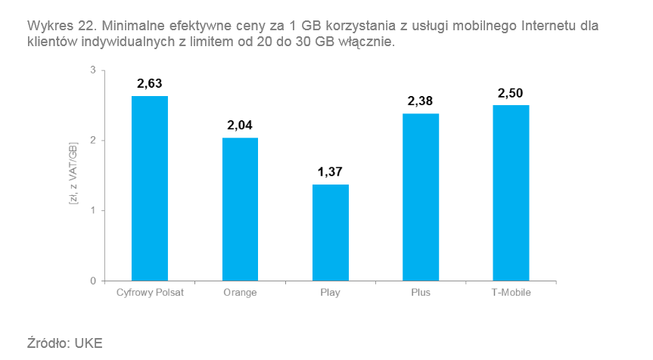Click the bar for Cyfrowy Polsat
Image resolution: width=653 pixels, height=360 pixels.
150,188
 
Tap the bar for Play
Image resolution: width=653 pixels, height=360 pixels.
331,232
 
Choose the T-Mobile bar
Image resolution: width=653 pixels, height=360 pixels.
511,193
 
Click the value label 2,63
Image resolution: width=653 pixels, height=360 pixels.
150,83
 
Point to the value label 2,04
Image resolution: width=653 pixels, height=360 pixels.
240,125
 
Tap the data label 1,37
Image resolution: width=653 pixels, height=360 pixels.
331,172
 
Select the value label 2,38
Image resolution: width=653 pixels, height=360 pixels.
421,101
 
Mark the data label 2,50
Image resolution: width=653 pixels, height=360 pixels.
511,92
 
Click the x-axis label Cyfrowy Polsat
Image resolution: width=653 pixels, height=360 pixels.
150,293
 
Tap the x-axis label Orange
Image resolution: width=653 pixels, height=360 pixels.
240,293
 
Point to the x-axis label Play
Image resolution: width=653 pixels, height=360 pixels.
331,293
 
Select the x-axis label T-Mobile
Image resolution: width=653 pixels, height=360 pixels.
511,293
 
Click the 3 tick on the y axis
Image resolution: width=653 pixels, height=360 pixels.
93,70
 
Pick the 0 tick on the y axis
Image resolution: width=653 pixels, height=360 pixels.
93,281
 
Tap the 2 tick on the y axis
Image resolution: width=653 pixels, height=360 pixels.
93,141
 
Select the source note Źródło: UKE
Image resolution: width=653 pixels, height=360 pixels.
64,342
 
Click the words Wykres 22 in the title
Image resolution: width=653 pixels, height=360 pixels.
53,26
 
